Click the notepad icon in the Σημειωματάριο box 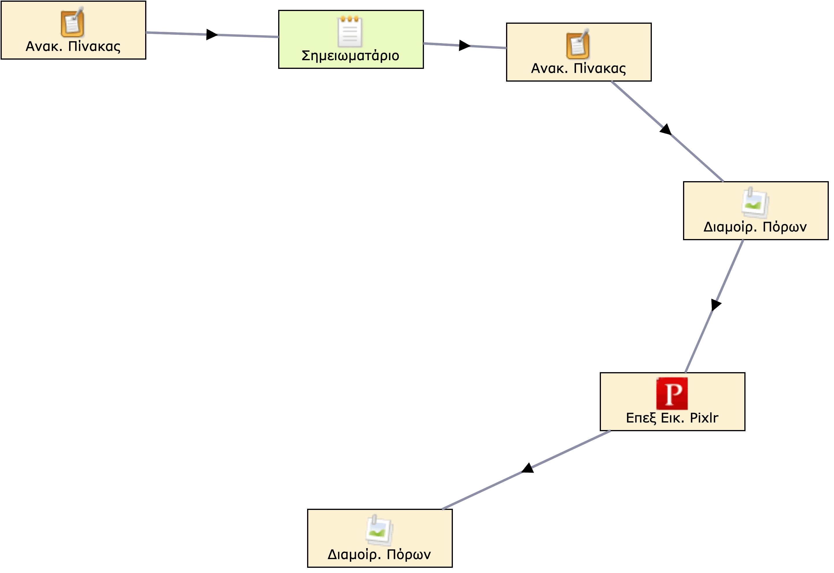[350, 32]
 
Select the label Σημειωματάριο [350, 56]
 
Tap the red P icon [672, 394]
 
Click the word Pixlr [704, 418]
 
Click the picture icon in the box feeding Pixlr [755, 203]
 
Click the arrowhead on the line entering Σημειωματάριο [212, 34]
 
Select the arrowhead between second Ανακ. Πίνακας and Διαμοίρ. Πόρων [666, 129]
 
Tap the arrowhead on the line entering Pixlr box [715, 305]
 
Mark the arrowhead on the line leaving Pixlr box [527, 468]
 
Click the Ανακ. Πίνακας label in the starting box [73, 46]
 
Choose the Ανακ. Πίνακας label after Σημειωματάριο [578, 68]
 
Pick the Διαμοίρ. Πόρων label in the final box [379, 555]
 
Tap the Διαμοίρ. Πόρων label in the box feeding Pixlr [755, 227]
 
